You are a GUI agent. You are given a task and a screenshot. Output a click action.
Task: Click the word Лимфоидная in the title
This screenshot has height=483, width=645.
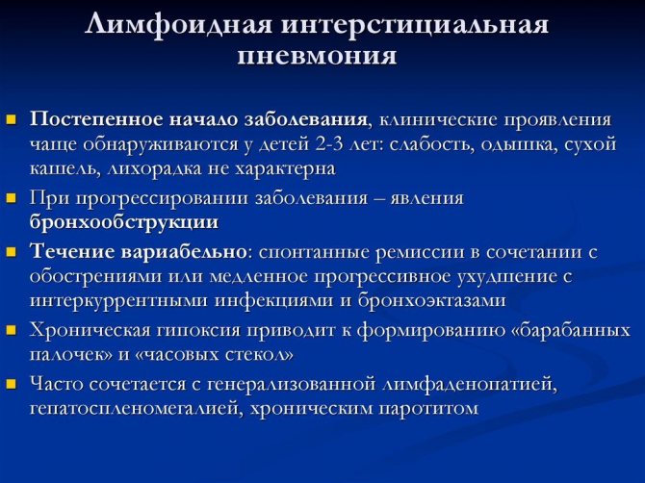(178, 25)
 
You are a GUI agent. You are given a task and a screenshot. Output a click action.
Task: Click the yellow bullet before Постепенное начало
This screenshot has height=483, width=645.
(12, 120)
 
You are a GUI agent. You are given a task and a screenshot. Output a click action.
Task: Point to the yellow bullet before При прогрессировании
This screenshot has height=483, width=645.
(12, 198)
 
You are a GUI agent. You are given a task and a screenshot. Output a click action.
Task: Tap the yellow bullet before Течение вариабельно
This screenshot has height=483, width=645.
(12, 252)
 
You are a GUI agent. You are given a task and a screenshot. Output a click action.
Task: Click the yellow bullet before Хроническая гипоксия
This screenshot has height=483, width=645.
(12, 330)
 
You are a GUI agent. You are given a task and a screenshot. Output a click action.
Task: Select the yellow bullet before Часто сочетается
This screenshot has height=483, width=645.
(12, 384)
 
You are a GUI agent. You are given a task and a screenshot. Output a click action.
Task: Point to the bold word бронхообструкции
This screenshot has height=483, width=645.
(124, 222)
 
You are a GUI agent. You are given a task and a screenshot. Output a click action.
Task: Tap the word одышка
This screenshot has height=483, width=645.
(519, 145)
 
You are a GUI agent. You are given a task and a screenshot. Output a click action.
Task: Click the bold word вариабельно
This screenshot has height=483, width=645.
(184, 251)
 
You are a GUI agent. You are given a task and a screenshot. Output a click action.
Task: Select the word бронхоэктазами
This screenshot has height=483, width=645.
(431, 300)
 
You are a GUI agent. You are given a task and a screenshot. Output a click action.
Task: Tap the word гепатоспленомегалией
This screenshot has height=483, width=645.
(132, 409)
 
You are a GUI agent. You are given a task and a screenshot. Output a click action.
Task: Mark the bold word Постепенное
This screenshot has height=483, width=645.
(96, 120)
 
